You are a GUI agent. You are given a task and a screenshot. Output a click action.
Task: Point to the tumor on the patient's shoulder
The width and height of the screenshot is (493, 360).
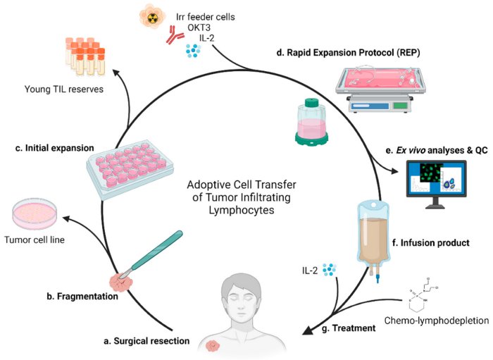[x=213, y=347]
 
